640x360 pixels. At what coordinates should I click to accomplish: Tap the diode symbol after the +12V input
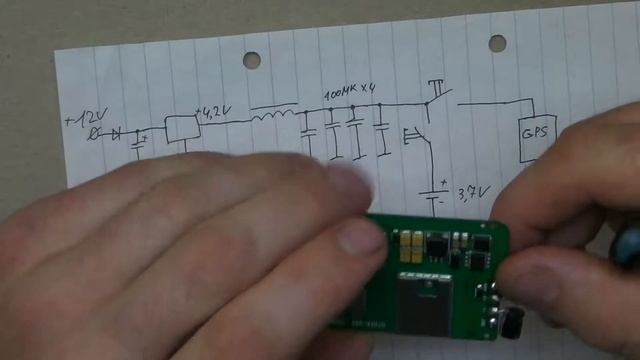coord(117,133)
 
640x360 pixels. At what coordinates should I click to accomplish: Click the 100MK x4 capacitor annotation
coord(350,93)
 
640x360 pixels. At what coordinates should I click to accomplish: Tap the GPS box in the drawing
coord(531,133)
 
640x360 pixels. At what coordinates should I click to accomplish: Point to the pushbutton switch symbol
coord(438,93)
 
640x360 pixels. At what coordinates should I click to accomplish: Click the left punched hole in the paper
coord(251,60)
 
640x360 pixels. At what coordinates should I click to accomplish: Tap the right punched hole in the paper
coord(497,43)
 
